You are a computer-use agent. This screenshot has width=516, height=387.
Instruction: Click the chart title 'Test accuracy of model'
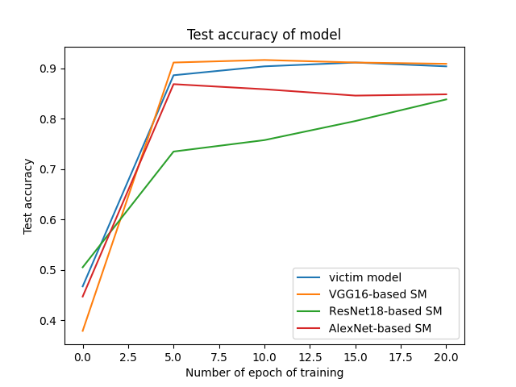tap(264, 35)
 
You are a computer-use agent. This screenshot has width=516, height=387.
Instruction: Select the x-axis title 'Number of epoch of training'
tap(264, 372)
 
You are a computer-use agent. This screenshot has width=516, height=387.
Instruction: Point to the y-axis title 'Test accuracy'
tap(28, 196)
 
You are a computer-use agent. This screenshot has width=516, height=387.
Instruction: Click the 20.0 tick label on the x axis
tap(446, 356)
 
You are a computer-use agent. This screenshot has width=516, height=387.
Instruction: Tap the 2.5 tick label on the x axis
tap(128, 356)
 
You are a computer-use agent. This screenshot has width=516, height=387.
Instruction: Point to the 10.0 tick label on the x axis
tap(264, 356)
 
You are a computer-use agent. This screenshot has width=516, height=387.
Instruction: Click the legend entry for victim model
tap(365, 277)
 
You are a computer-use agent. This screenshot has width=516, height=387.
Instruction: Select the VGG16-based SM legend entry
tap(377, 294)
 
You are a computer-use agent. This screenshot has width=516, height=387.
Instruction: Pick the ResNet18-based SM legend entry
tap(385, 311)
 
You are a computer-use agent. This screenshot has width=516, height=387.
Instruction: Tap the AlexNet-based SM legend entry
tap(380, 328)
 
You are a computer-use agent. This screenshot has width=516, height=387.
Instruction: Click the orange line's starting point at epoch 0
tap(83, 331)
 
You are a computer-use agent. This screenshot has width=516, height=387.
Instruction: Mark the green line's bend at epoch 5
tap(173, 152)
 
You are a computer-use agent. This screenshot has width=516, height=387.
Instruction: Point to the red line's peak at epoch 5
tap(173, 84)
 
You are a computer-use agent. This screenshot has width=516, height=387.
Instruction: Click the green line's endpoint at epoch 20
tap(446, 99)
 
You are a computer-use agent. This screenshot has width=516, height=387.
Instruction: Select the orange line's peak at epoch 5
tap(173, 62)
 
